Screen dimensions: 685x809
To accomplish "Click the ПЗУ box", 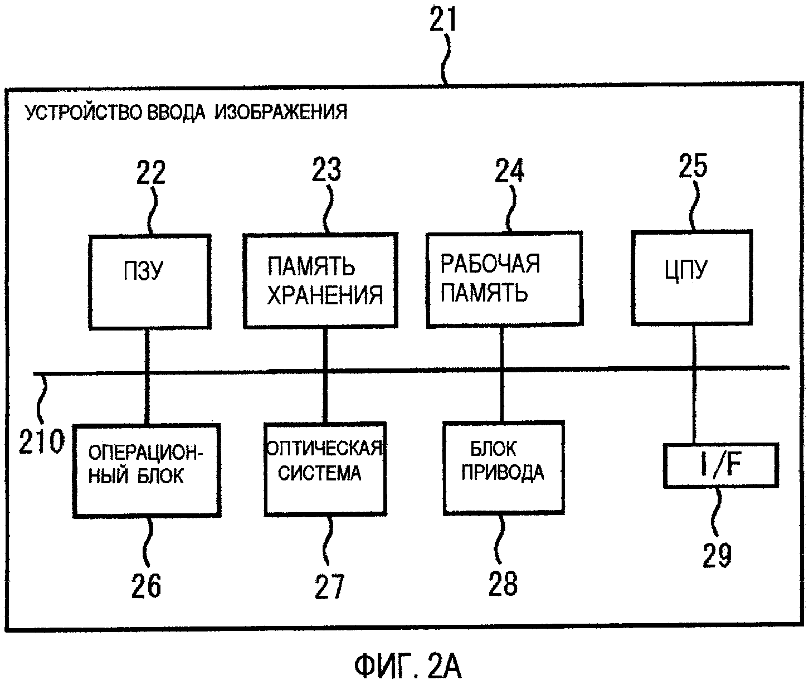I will (x=150, y=281).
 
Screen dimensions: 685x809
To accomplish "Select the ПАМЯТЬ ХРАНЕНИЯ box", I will (x=321, y=280).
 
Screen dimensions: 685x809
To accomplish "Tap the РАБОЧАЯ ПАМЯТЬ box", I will (x=504, y=279).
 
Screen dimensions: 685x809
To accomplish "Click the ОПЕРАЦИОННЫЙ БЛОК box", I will (x=147, y=470).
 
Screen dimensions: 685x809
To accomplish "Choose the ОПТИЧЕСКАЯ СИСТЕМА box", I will (x=325, y=468).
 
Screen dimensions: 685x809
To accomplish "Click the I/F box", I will (x=720, y=465).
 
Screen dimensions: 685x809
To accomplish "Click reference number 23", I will (x=326, y=169).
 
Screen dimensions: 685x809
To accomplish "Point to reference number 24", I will (x=509, y=171).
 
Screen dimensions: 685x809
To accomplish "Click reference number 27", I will (x=330, y=586).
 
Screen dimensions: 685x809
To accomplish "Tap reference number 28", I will (x=503, y=583).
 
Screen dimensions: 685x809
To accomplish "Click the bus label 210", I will (x=42, y=442).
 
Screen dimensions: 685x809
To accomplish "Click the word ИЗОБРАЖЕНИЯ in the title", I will (x=281, y=113).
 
